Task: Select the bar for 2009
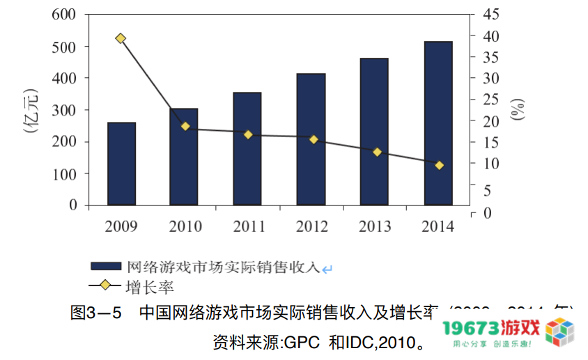click(121, 164)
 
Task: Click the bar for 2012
click(311, 139)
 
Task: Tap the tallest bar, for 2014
click(438, 123)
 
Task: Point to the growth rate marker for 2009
click(121, 38)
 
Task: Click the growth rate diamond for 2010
click(185, 126)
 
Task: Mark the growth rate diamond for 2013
click(377, 152)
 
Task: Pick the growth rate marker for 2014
click(439, 165)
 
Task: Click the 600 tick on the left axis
click(64, 15)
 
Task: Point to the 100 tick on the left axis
click(64, 173)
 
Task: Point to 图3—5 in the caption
click(96, 313)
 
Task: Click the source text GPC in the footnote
click(302, 343)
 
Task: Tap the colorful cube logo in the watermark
click(561, 332)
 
